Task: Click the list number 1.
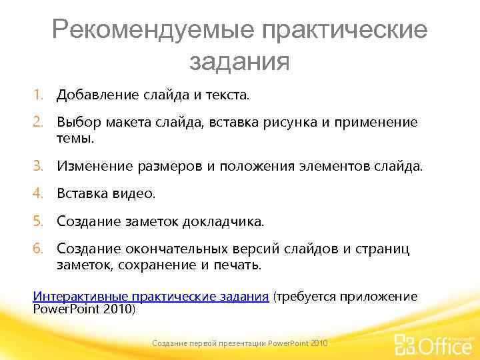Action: (x=39, y=95)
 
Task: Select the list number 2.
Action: (x=39, y=122)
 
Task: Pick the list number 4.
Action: (x=39, y=193)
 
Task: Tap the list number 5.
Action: (x=39, y=221)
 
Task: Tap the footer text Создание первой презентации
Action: (x=208, y=342)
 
